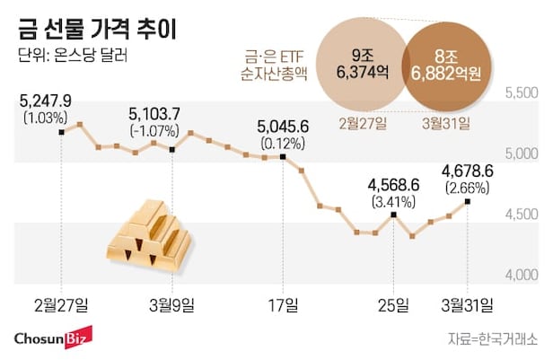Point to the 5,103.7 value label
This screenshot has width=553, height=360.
155,113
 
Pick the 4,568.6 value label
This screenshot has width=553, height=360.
393,184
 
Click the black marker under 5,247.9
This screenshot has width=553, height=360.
60,132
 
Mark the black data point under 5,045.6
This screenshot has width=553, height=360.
283,158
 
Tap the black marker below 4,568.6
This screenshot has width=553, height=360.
393,215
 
